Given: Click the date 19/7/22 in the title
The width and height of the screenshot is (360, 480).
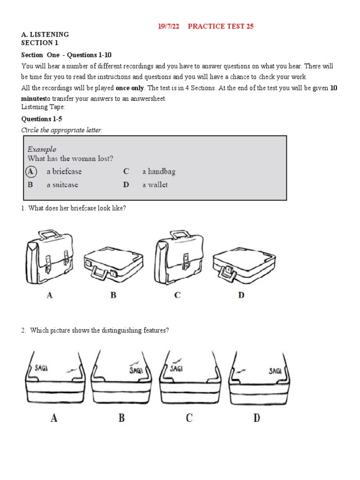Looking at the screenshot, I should (x=168, y=26).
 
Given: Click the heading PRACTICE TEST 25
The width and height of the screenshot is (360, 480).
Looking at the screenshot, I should (x=220, y=26).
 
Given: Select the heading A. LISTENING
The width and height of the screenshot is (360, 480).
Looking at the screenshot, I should (x=45, y=35).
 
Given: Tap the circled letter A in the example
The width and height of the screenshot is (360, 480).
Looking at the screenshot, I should (x=30, y=172).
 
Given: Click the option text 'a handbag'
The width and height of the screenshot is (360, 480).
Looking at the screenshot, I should (x=158, y=172).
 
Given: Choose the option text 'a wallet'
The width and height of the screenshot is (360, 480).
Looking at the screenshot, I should (x=155, y=185).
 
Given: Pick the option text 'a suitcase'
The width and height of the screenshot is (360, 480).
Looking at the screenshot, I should (x=62, y=185).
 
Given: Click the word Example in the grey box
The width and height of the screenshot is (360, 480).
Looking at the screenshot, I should (x=42, y=149).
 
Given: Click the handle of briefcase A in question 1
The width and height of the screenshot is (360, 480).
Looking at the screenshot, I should (x=48, y=233).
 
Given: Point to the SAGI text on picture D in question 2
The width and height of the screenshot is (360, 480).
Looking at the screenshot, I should (x=275, y=371).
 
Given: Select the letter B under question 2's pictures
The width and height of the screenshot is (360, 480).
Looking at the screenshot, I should (x=121, y=418).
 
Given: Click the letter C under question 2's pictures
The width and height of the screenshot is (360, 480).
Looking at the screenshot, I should (x=189, y=418).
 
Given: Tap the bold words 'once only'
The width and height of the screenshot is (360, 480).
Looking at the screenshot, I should (x=130, y=88).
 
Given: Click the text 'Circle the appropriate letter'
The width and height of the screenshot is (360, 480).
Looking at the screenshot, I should (x=61, y=130).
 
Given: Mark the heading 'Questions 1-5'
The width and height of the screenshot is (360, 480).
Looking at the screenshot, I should (x=42, y=119).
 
